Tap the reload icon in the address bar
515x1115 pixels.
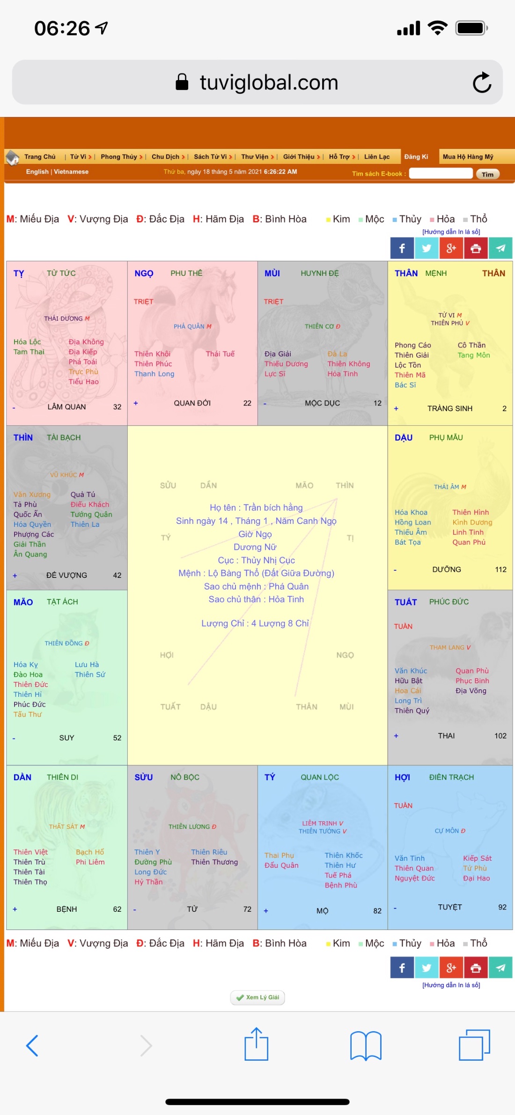click(482, 83)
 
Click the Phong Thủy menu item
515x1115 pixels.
click(119, 157)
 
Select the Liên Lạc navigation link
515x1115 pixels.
click(377, 157)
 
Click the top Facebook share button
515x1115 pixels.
click(402, 248)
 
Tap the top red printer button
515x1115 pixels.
click(476, 248)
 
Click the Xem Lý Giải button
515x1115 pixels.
click(257, 997)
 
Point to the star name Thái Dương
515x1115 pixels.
click(64, 319)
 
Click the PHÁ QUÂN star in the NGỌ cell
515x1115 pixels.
click(190, 326)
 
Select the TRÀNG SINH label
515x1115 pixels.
click(450, 408)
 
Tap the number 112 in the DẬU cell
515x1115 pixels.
click(500, 569)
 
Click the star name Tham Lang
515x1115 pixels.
click(448, 648)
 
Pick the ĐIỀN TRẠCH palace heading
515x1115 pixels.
click(451, 777)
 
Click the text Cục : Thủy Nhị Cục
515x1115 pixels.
click(257, 560)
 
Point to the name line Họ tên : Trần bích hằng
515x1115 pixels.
click(257, 508)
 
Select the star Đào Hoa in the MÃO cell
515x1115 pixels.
click(28, 674)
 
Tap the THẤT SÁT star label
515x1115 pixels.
click(64, 827)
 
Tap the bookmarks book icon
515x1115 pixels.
click(366, 1045)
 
